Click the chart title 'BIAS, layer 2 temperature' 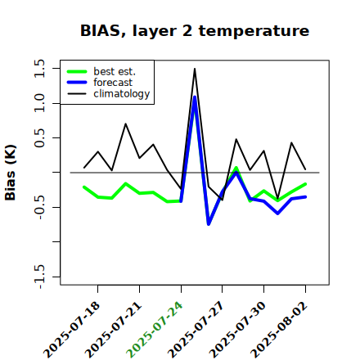tap(195, 30)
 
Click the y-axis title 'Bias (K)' tap(11, 173)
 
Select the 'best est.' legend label tap(115, 71)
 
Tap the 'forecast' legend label tap(113, 83)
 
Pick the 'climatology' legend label tap(122, 94)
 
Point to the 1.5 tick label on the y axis tap(39, 68)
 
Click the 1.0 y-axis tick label tap(39, 103)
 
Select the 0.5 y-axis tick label tap(39, 137)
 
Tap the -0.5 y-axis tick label tap(39, 207)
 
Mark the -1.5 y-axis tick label tap(39, 277)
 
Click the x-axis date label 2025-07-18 tap(71, 330)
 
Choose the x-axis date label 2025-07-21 tap(113, 330)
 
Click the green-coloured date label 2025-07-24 tap(155, 330)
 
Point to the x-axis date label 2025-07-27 tap(196, 330)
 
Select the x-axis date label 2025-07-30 tap(237, 330)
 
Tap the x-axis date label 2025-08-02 tap(279, 330)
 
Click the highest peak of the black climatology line tap(195, 69)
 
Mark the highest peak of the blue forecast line tap(195, 97)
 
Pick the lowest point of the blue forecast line tap(209, 224)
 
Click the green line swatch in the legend tap(77, 71)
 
